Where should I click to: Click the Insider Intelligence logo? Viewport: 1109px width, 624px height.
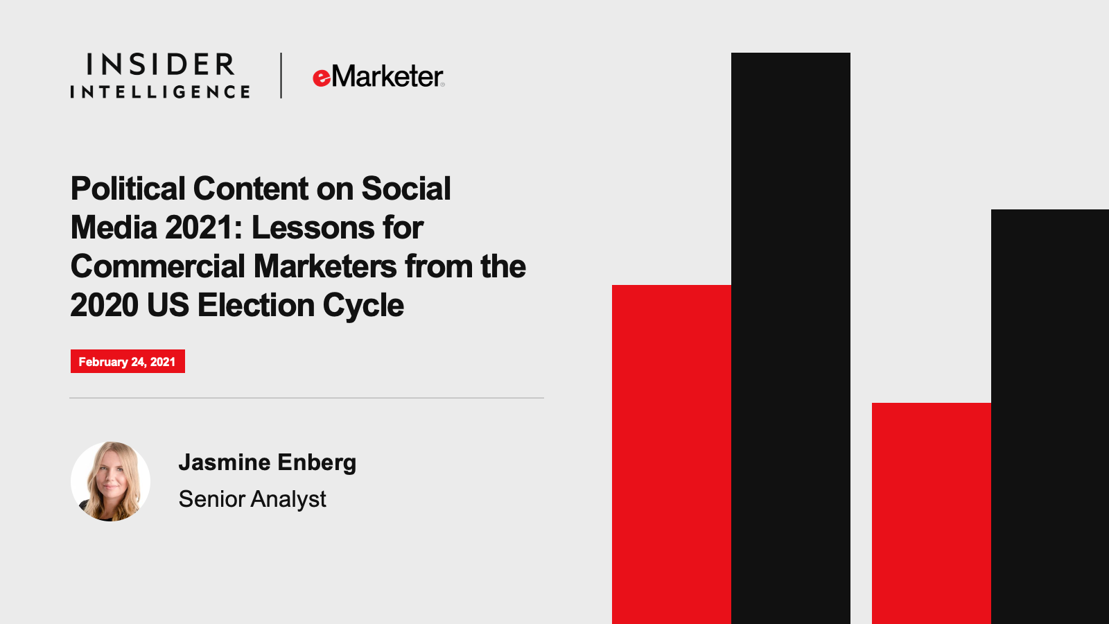click(160, 76)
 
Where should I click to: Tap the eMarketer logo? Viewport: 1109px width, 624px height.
click(378, 76)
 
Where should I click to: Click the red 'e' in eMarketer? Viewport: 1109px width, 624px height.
click(322, 78)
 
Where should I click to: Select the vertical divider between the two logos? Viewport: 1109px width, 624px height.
click(281, 76)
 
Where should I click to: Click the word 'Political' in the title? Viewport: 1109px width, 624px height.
click(128, 189)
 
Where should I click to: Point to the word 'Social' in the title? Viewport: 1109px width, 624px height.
click(406, 189)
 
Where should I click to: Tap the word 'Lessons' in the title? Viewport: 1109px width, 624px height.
click(313, 228)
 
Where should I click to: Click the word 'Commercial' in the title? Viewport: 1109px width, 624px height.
click(158, 266)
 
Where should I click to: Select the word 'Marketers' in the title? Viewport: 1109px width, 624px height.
click(325, 266)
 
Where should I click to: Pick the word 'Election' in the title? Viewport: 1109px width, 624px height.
click(256, 305)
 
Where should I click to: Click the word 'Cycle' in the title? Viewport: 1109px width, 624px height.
click(363, 306)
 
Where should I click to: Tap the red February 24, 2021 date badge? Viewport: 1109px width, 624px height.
click(128, 361)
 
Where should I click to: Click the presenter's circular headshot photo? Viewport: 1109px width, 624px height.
click(110, 481)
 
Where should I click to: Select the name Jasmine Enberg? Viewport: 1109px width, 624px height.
click(268, 463)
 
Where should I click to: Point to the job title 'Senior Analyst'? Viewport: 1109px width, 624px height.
click(252, 499)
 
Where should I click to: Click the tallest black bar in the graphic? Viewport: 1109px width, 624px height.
click(791, 338)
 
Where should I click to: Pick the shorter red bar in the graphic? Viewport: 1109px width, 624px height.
click(932, 514)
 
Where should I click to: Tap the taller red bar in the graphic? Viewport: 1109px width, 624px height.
click(672, 455)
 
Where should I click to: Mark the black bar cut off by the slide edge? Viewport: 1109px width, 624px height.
click(1050, 417)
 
